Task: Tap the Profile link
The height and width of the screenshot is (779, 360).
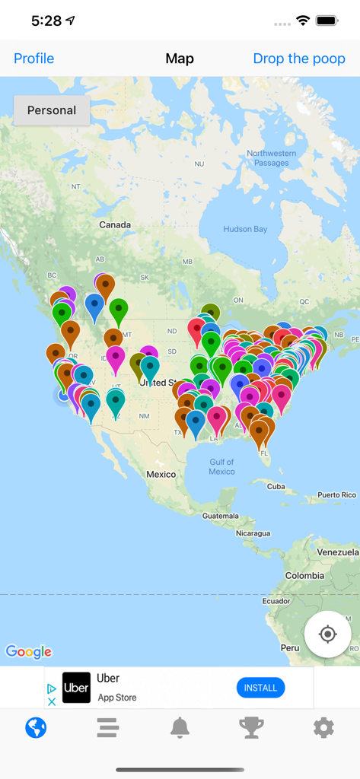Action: tap(34, 59)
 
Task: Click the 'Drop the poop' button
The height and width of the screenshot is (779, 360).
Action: tap(299, 59)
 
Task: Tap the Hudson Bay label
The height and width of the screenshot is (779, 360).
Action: tap(245, 229)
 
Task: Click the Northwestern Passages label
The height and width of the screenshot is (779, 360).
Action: tap(272, 158)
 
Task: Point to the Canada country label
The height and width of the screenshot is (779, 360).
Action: tap(115, 224)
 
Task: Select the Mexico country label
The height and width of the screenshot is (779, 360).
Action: tap(161, 474)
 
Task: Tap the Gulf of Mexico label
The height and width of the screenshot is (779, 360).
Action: tap(221, 466)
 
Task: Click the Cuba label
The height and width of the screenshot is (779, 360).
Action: tap(276, 486)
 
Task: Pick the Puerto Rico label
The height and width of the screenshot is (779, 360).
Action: tap(336, 495)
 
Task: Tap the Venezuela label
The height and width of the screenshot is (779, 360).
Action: tap(337, 552)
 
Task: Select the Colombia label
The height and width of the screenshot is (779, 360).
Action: tap(304, 576)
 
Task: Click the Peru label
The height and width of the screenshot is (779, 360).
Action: tap(289, 647)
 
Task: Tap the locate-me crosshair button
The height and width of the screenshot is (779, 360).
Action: tap(327, 634)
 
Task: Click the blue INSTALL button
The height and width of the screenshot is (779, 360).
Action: tap(260, 688)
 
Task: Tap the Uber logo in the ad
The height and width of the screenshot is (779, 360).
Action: tap(76, 688)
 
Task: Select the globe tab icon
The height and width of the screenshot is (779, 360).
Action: tap(36, 728)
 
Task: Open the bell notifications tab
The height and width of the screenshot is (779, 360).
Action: tap(180, 728)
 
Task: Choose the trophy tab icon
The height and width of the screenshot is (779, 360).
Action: tap(251, 728)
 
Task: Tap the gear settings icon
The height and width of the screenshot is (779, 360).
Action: tap(323, 728)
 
